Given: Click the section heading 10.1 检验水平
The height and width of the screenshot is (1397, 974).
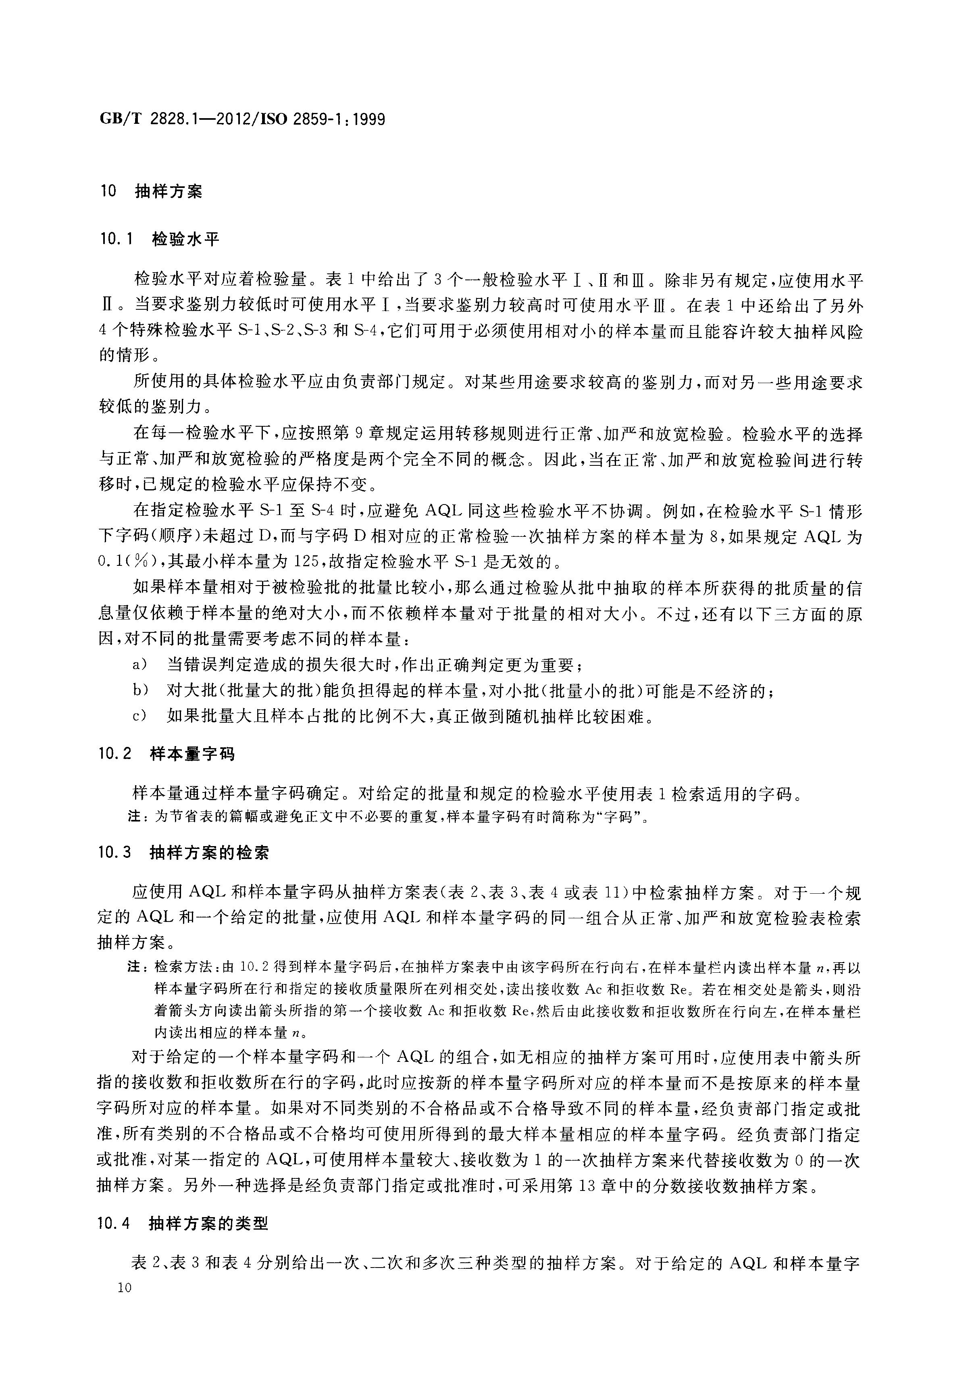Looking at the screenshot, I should tap(159, 239).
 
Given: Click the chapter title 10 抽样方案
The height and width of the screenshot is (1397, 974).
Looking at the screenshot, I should tap(152, 191).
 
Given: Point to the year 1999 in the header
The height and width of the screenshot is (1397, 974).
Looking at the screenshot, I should tap(368, 119).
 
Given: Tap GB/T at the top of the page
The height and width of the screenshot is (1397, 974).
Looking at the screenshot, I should tap(120, 119).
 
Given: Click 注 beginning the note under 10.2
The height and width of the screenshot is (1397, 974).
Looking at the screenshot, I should tap(135, 817).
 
